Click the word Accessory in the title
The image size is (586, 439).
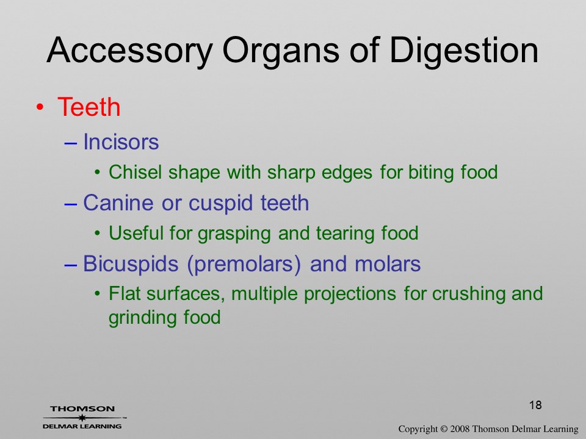point(129,51)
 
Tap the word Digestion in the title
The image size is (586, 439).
point(464,51)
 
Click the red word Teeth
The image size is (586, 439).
point(89,107)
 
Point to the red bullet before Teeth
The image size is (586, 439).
point(40,107)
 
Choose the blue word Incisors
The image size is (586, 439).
point(121,142)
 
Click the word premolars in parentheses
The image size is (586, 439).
point(244,265)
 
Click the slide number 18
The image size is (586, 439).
point(535,405)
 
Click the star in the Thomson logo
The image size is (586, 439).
point(82,418)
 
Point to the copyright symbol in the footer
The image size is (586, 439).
point(444,429)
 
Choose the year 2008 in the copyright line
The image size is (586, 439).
point(459,429)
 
